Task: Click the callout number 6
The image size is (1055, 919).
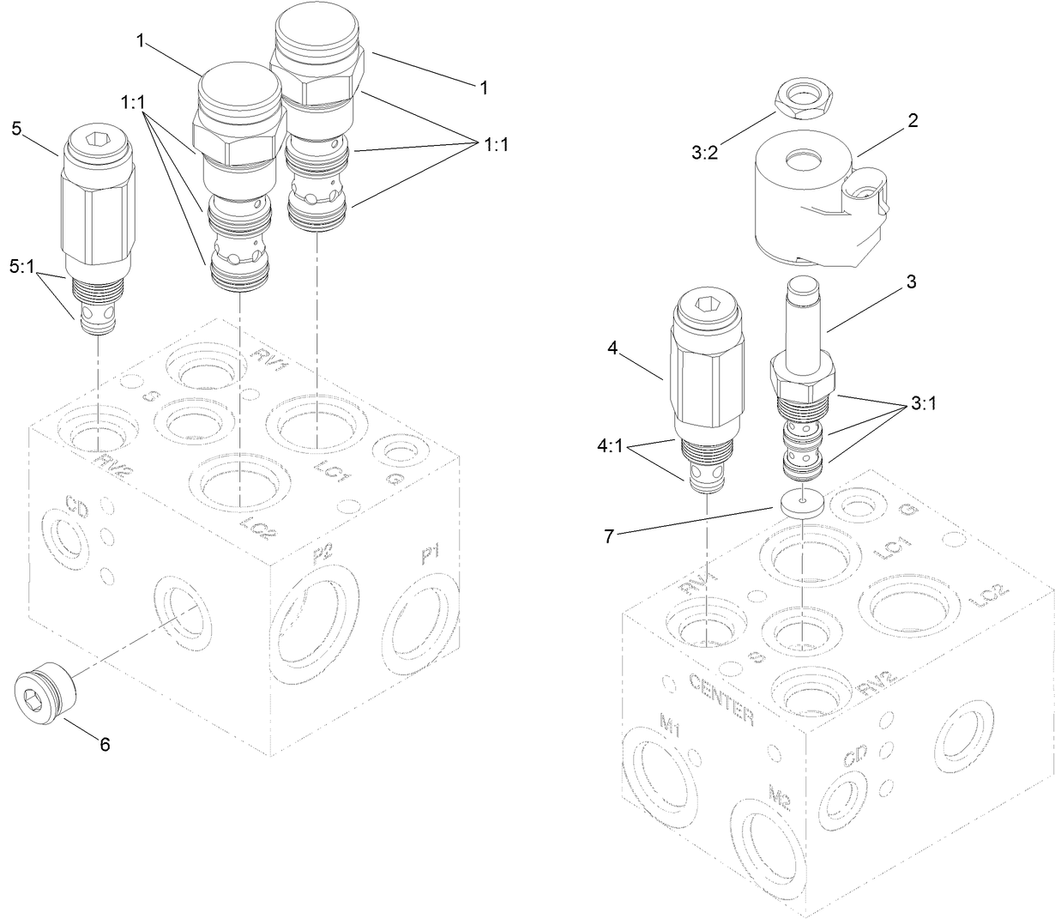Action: pyautogui.click(x=105, y=745)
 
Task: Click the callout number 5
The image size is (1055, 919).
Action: pyautogui.click(x=16, y=129)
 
